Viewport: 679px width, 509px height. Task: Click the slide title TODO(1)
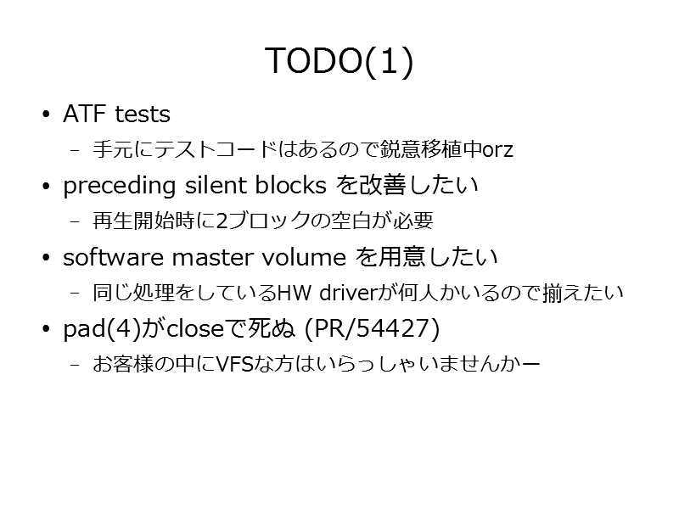pyautogui.click(x=339, y=61)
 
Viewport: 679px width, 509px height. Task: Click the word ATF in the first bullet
pyautogui.click(x=84, y=114)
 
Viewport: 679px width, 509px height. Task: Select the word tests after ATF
pyautogui.click(x=143, y=115)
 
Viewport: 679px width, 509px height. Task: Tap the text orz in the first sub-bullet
pyautogui.click(x=497, y=150)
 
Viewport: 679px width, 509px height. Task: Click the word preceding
pyautogui.click(x=119, y=186)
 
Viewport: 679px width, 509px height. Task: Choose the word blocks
pyautogui.click(x=290, y=185)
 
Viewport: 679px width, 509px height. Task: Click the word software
pyautogui.click(x=113, y=257)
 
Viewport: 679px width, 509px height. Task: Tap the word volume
pyautogui.click(x=304, y=257)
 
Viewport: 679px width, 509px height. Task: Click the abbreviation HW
pyautogui.click(x=294, y=293)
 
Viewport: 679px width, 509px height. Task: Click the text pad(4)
pyautogui.click(x=102, y=329)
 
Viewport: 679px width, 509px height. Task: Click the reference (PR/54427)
pyautogui.click(x=372, y=328)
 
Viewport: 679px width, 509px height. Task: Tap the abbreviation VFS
pyautogui.click(x=234, y=364)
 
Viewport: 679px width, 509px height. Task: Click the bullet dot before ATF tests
pyautogui.click(x=47, y=115)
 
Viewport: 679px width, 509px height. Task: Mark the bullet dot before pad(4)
pyautogui.click(x=47, y=329)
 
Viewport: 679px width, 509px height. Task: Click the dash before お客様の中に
pyautogui.click(x=75, y=365)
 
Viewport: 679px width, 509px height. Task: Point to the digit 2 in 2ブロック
pyautogui.click(x=222, y=221)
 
